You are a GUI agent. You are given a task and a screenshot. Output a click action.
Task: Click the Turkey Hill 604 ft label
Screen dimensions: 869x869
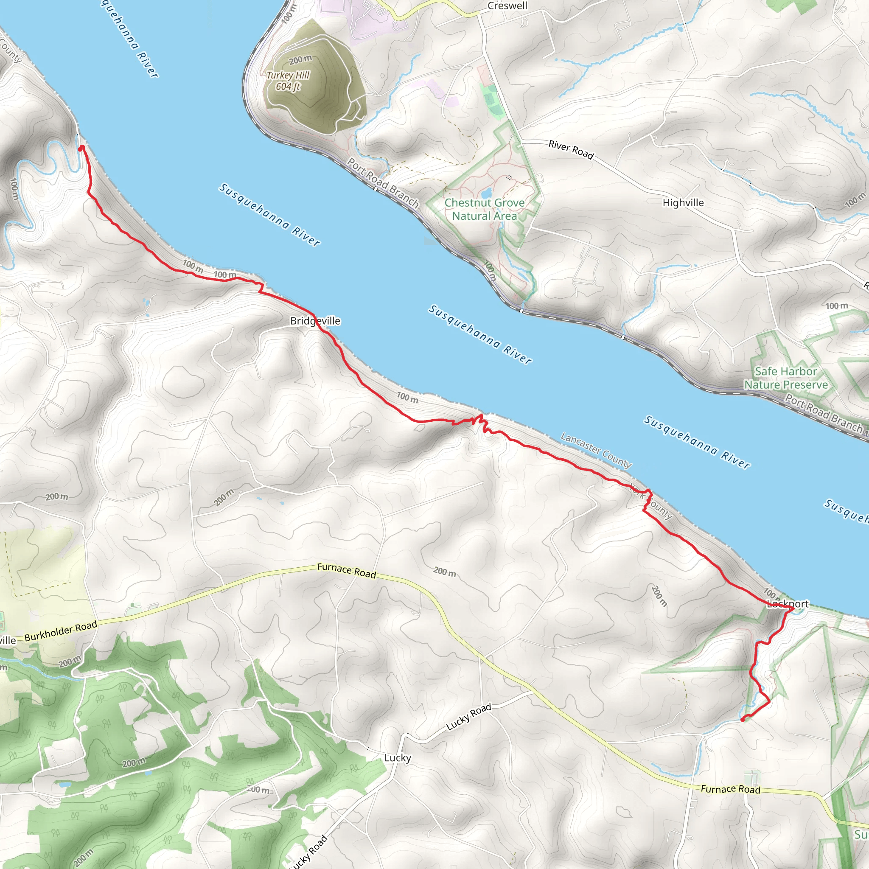pyautogui.click(x=288, y=81)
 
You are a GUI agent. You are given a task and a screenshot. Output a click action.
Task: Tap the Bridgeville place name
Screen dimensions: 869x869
pyautogui.click(x=315, y=321)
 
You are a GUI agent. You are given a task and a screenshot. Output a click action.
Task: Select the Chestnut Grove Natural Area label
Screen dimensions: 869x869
pyautogui.click(x=485, y=209)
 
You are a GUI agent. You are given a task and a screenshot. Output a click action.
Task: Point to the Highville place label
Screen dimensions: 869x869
pyautogui.click(x=683, y=203)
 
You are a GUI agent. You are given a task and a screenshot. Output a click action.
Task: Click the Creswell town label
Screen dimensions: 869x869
pyautogui.click(x=507, y=6)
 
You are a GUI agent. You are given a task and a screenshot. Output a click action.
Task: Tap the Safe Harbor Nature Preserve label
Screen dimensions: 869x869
pyautogui.click(x=786, y=378)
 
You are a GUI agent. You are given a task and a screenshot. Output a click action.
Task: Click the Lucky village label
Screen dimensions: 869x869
pyautogui.click(x=397, y=758)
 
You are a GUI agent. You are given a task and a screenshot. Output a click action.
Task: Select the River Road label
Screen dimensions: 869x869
pyautogui.click(x=571, y=149)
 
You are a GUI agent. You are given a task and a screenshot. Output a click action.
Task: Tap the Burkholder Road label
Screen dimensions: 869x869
pyautogui.click(x=61, y=631)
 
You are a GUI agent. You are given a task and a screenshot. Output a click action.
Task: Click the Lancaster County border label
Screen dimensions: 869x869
pyautogui.click(x=596, y=450)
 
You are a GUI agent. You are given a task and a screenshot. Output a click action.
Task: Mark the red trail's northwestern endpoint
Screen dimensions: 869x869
pyautogui.click(x=81, y=148)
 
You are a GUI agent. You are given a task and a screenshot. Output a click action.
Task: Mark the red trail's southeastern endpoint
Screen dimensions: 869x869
pyautogui.click(x=742, y=720)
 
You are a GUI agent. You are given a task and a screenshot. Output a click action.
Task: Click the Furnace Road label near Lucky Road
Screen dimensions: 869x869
pyautogui.click(x=731, y=789)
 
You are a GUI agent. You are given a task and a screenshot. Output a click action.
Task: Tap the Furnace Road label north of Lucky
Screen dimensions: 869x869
pyautogui.click(x=346, y=570)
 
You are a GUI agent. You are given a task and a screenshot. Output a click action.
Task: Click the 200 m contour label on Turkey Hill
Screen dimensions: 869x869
pyautogui.click(x=300, y=59)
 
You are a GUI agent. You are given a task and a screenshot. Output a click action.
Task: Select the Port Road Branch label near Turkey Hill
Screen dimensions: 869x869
pyautogui.click(x=383, y=182)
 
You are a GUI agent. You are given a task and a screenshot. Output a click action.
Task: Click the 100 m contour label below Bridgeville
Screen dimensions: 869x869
pyautogui.click(x=407, y=397)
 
